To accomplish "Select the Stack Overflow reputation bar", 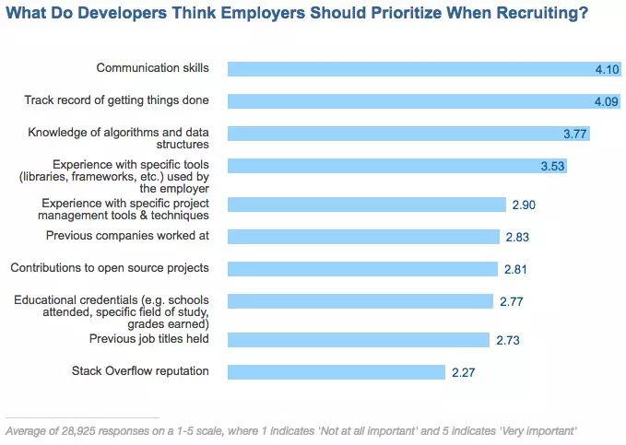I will coord(337,372).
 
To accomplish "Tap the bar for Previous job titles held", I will coord(360,340).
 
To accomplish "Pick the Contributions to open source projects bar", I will coord(363,269).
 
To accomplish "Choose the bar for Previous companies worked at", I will coord(364,237).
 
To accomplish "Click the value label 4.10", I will coord(608,69).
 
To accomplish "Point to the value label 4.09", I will coord(607,101).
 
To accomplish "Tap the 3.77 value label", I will coord(575,135).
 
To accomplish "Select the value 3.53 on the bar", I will coord(552,167).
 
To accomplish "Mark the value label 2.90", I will coord(523,205).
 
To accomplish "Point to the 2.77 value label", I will coord(509,302).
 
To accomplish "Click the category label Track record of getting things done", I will coord(116,100).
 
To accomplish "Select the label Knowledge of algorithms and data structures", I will coord(118,137).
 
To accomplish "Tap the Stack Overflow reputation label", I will coord(140,371).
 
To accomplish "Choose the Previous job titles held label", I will coord(148,339).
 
